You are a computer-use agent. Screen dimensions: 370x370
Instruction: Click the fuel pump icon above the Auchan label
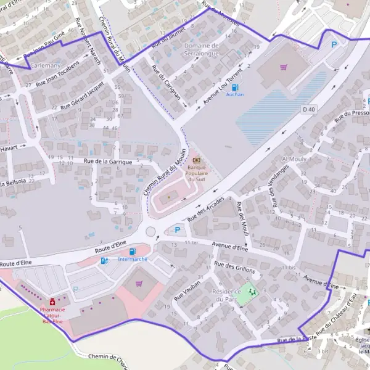tap(235, 87)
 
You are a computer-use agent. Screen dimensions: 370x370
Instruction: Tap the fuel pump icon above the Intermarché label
tap(132, 251)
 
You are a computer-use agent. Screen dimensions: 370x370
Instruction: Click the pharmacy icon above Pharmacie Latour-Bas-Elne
tap(52, 301)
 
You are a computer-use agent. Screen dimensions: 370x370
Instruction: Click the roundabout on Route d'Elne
tap(151, 232)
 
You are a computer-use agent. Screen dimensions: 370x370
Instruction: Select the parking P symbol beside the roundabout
tap(178, 230)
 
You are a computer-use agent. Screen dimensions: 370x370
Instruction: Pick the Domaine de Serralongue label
tap(201, 49)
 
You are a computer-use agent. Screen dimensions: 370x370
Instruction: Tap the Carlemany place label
tap(45, 65)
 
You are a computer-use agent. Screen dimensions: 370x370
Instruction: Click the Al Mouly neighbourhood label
tap(294, 159)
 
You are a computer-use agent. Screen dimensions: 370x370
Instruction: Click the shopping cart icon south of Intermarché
tap(139, 284)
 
